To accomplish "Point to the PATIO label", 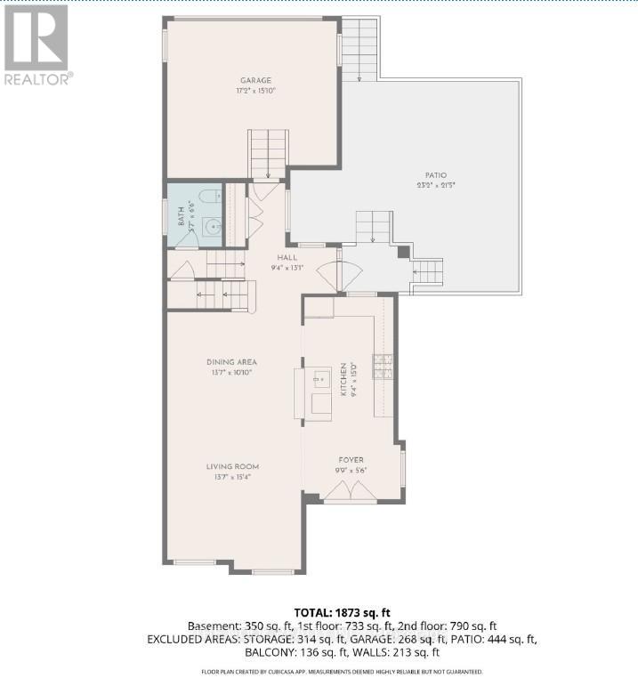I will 436,175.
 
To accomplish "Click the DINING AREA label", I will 231,362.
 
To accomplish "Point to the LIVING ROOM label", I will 232,466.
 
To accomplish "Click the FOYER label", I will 350,460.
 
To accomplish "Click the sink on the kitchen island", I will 319,380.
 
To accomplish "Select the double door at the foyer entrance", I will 350,492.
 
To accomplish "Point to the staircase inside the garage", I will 268,153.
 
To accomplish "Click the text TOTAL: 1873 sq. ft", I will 342,612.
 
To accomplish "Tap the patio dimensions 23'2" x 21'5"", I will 436,185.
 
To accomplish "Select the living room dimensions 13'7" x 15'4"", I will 232,476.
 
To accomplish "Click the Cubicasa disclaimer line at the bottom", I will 342,672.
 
